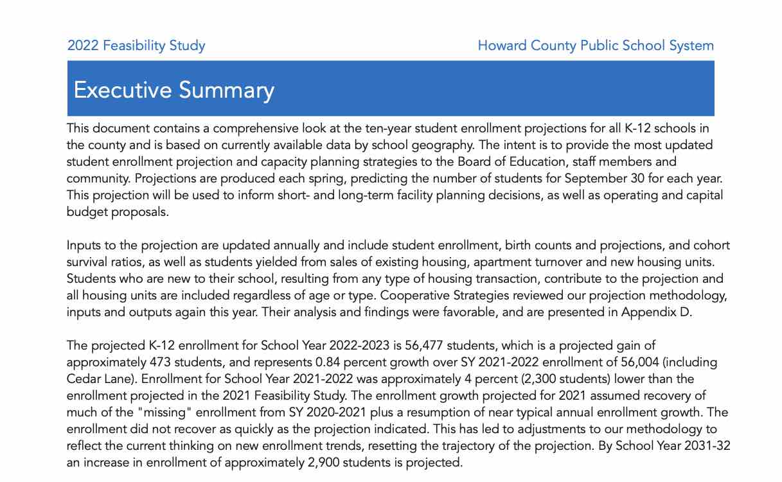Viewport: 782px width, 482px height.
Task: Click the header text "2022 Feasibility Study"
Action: pos(136,46)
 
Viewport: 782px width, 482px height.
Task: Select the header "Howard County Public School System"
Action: pos(596,46)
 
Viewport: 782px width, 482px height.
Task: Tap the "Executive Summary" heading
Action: pos(173,90)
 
